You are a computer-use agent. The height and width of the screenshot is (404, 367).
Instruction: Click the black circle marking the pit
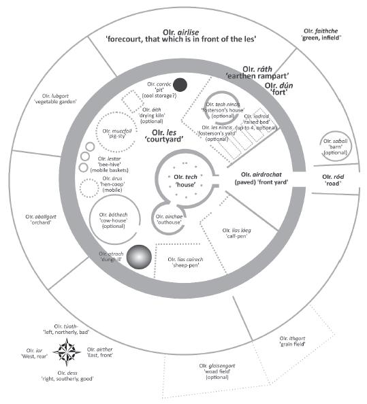pyautogui.click(x=180, y=85)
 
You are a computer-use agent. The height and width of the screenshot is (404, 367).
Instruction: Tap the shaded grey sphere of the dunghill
pyautogui.click(x=140, y=258)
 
